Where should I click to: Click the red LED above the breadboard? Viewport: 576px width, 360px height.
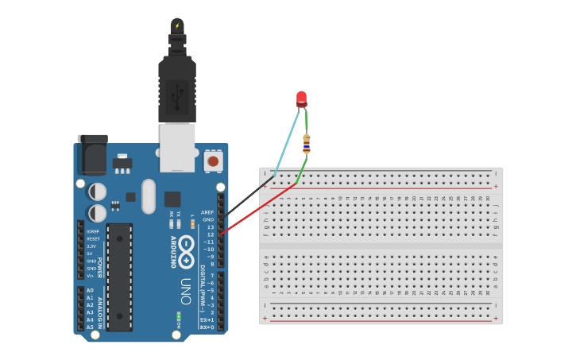[301, 99]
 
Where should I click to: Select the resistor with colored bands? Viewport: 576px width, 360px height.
[306, 144]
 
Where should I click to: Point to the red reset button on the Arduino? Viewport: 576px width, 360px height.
[213, 161]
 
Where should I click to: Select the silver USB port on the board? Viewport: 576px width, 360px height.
[177, 147]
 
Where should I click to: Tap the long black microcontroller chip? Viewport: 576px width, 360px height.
[120, 277]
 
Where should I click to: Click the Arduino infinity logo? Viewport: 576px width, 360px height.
[187, 251]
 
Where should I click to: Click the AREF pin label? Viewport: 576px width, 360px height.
[207, 212]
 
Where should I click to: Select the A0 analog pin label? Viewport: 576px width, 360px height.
[90, 291]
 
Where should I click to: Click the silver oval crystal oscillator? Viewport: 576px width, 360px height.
[149, 196]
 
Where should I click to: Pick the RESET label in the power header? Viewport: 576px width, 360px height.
[93, 238]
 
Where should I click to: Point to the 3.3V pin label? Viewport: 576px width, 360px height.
[91, 246]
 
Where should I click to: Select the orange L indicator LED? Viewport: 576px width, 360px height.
[192, 224]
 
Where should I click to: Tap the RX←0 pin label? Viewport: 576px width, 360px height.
[207, 327]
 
